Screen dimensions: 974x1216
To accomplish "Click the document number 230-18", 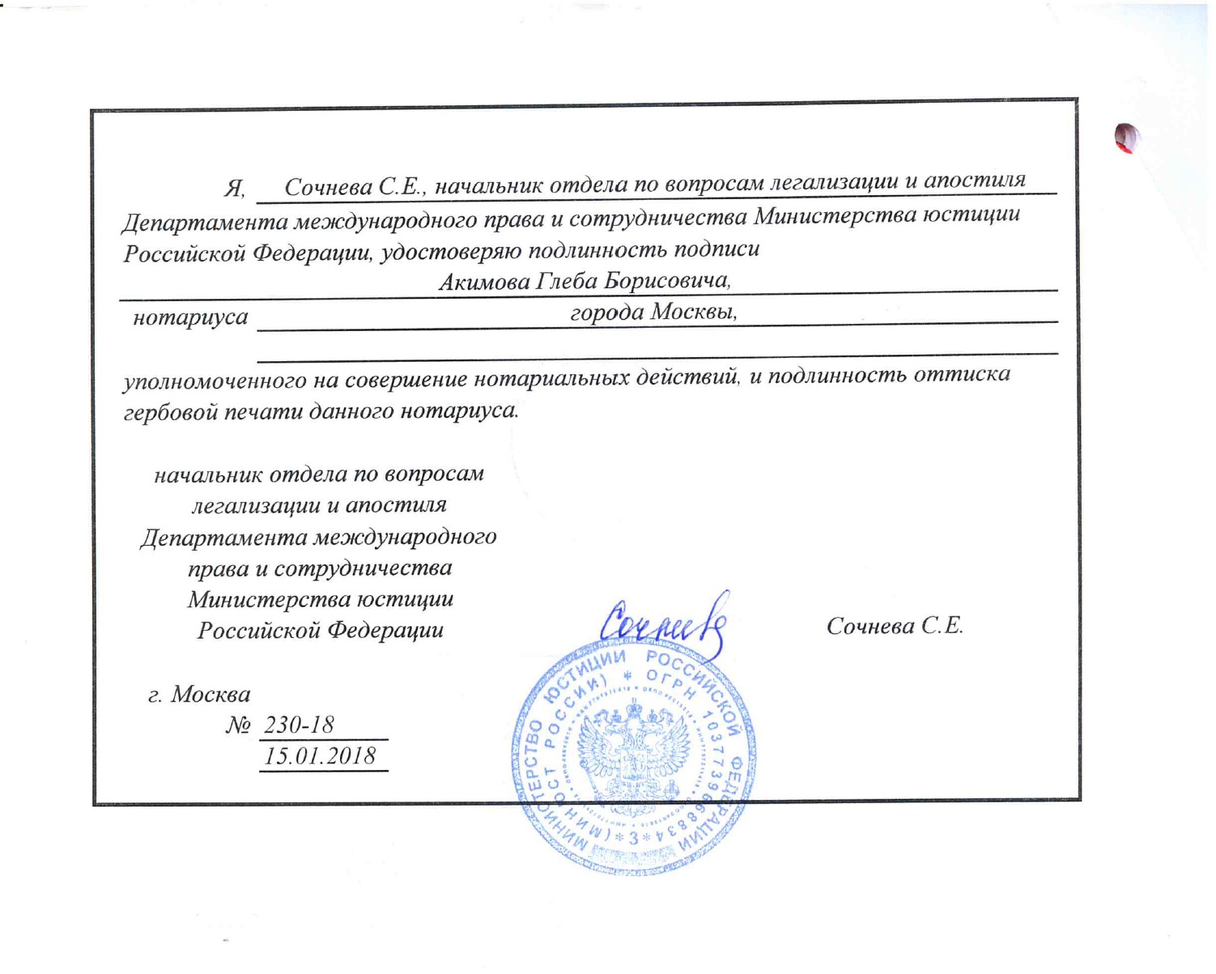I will click(x=299, y=725).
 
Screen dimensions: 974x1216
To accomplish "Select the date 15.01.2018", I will click(x=321, y=755).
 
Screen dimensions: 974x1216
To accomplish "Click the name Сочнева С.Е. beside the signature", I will click(x=894, y=626).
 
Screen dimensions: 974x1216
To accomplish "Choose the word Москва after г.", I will click(x=210, y=695).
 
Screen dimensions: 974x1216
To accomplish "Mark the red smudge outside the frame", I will click(x=1127, y=138).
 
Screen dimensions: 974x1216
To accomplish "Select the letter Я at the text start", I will click(x=234, y=189).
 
